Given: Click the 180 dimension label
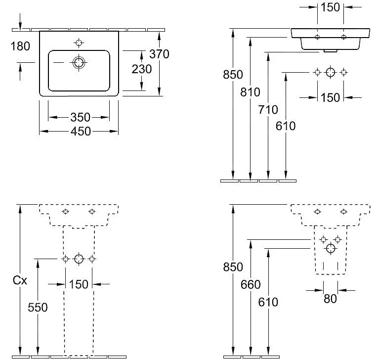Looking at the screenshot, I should (20, 46).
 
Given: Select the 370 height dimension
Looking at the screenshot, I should (159, 53).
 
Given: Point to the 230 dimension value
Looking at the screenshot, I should (141, 69).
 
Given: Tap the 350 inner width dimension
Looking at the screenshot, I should (80, 117).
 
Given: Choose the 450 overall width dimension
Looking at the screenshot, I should (80, 131).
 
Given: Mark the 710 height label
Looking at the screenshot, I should (268, 110).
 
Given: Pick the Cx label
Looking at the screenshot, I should (19, 280).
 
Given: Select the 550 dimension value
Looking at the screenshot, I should (38, 307).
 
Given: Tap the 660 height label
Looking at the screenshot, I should (251, 284).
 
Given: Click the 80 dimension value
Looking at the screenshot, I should (331, 298).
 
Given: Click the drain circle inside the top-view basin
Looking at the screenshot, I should (79, 63).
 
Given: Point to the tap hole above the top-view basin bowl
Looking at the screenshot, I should (79, 41).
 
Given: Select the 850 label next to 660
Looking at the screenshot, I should (233, 267).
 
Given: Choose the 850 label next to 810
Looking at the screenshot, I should (233, 75).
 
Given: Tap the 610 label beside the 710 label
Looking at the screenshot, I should (286, 126).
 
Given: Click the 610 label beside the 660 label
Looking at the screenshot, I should (268, 302).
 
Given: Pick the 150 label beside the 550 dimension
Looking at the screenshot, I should (79, 284).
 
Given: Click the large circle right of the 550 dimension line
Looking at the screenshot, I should (79, 259).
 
